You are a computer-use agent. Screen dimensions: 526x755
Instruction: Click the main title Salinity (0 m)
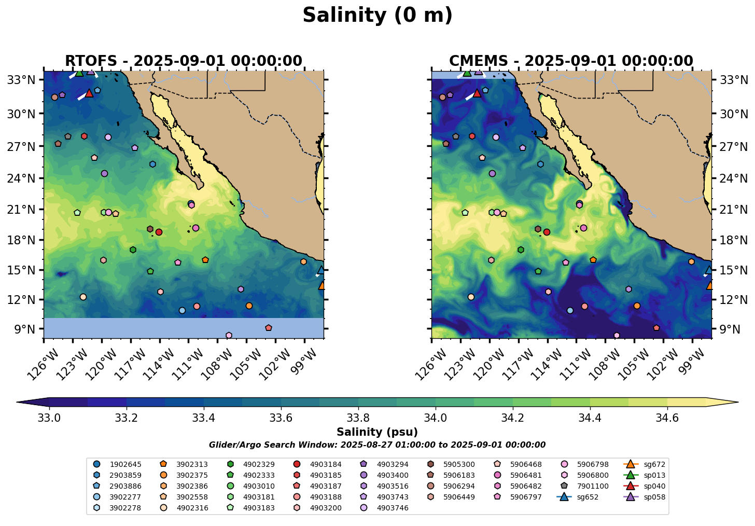(378, 15)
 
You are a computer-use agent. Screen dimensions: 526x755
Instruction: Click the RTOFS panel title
(184, 61)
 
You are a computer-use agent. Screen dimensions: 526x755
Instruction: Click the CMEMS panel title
(571, 61)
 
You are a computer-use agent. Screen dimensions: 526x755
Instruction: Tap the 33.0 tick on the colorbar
(49, 418)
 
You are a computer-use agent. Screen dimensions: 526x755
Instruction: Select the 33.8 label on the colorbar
(358, 418)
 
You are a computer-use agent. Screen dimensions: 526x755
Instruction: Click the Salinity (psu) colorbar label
(377, 432)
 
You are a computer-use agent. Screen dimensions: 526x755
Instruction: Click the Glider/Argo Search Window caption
(377, 445)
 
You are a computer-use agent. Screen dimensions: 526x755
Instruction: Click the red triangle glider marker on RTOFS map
(89, 93)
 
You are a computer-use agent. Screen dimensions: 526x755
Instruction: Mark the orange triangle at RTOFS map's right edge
(322, 286)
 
